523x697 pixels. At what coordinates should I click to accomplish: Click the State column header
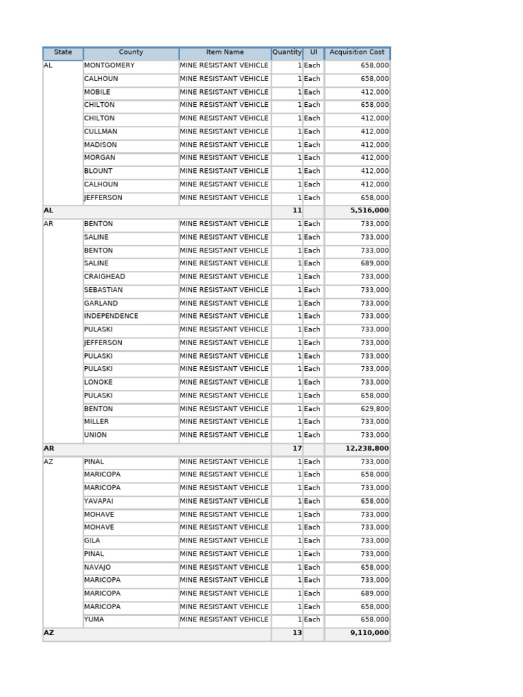point(63,52)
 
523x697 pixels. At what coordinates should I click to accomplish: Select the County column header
point(131,52)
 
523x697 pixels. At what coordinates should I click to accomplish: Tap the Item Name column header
point(225,52)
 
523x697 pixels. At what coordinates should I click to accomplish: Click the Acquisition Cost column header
point(357,52)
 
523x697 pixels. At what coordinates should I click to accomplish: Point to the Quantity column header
point(287,52)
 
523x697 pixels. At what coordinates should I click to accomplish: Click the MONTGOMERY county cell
point(109,66)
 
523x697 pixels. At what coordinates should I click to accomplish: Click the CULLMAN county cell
point(101,132)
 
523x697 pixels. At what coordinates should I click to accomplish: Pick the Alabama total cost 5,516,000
point(369,211)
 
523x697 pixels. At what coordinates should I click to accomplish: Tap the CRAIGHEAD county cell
point(104,277)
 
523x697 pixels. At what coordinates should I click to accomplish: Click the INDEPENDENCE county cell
point(111,317)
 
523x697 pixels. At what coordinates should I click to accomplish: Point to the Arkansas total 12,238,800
point(367,449)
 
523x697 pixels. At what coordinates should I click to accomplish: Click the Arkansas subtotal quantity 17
point(297,449)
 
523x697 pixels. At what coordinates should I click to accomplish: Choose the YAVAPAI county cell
point(99,502)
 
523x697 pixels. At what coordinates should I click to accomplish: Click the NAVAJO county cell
point(97,568)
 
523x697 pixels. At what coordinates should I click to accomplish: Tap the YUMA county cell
point(94,620)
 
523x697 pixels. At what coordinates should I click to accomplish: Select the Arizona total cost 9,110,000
point(369,633)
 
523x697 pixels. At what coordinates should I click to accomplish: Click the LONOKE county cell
point(98,383)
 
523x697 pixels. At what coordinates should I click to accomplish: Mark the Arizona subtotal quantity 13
point(297,633)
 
